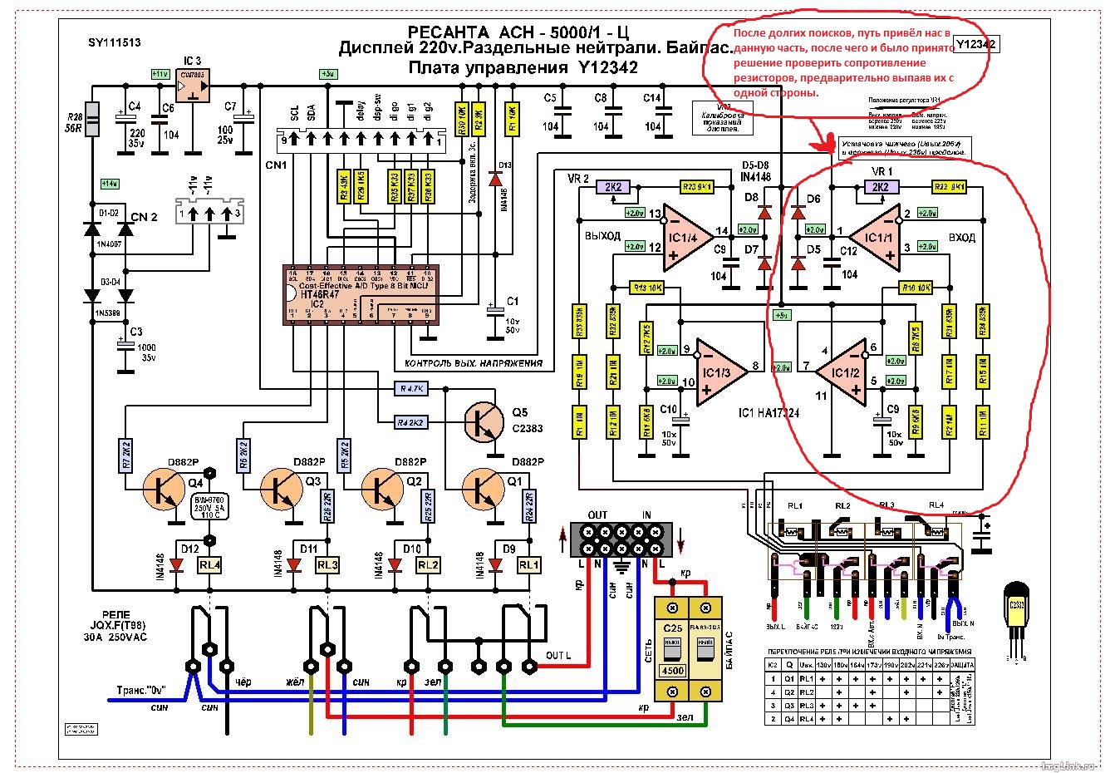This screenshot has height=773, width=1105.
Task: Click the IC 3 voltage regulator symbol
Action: [193, 85]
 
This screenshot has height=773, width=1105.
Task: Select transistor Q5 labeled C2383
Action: [484, 422]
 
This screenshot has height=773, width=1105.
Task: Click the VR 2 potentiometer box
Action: [618, 187]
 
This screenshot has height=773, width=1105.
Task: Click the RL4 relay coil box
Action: [209, 565]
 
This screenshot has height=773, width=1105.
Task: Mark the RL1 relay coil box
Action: [528, 565]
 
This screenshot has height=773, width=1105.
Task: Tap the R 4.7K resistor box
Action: [410, 388]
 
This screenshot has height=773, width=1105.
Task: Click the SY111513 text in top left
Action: [115, 43]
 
